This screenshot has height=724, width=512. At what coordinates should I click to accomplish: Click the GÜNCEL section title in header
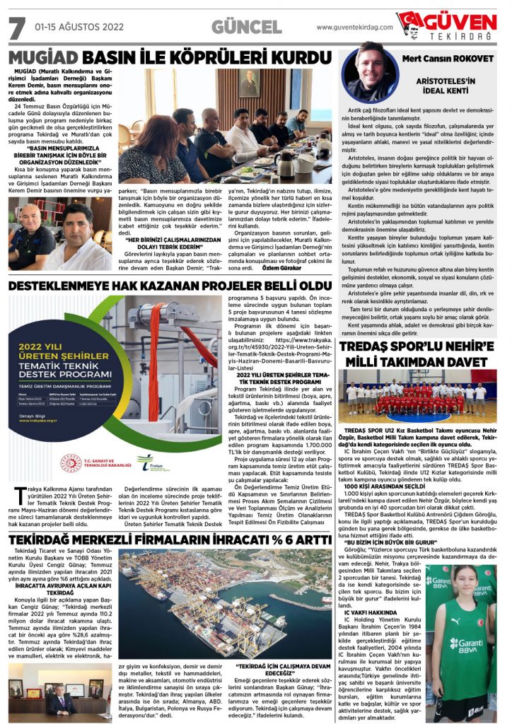pyautogui.click(x=245, y=27)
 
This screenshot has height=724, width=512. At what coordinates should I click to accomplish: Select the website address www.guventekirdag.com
pyautogui.click(x=354, y=28)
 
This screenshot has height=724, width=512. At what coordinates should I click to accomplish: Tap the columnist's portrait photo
pyautogui.click(x=368, y=74)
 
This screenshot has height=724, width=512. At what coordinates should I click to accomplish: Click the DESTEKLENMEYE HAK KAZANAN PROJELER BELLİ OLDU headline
pyautogui.click(x=170, y=286)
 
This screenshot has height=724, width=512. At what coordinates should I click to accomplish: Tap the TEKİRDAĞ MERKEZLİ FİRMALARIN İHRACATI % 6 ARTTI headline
pyautogui.click(x=170, y=539)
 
